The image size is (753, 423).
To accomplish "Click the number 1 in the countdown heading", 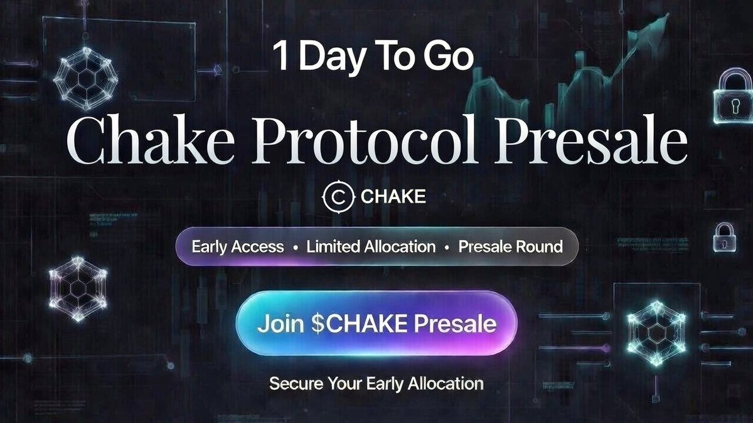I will [280, 56].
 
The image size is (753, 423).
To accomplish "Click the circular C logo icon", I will [338, 197].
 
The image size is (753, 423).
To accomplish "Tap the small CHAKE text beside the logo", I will [393, 197].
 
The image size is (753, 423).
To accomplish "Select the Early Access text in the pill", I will [237, 246].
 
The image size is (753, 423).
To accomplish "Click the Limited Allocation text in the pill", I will [371, 246].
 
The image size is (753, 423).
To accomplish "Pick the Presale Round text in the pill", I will [510, 246].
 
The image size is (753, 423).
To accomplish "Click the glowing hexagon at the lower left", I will [78, 288].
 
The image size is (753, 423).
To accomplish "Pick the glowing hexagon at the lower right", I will [656, 332].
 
